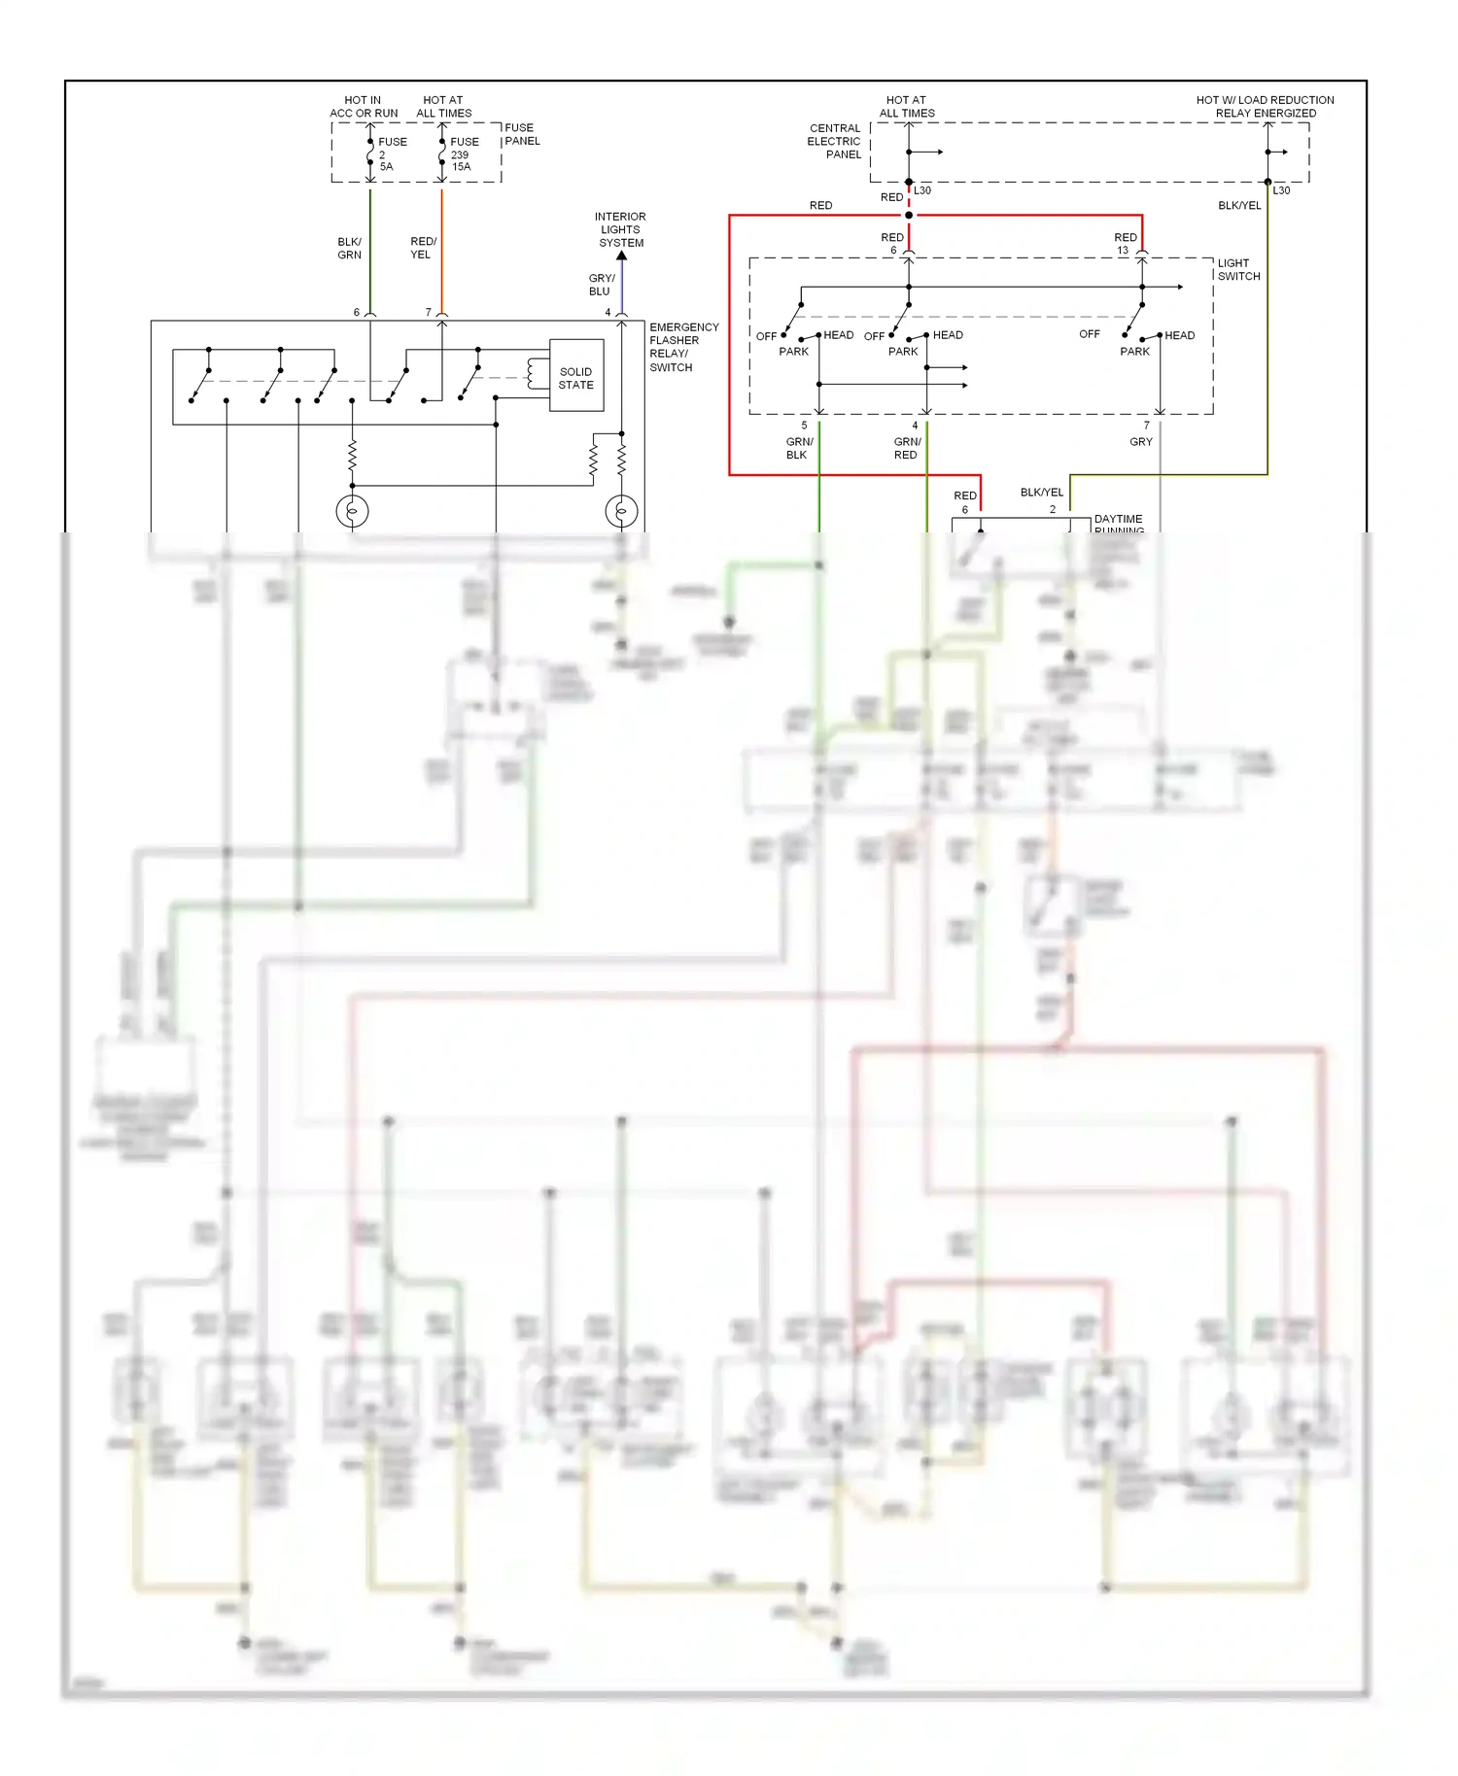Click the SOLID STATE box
[576, 377]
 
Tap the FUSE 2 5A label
[391, 154]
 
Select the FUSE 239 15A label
[463, 154]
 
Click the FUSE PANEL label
[521, 134]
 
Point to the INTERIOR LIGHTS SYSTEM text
[621, 229]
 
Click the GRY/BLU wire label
[601, 285]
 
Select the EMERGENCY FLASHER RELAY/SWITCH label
[682, 347]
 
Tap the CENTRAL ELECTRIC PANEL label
[835, 141]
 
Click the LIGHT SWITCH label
[1237, 269]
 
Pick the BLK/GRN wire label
[349, 248]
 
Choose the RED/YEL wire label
[423, 248]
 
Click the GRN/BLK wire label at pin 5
[799, 448]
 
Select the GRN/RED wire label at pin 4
[907, 448]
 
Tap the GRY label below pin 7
[1140, 441]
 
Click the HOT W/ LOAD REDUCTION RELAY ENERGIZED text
[1265, 106]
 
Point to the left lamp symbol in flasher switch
[352, 510]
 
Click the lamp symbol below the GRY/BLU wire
[621, 510]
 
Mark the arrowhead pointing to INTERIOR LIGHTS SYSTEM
[621, 256]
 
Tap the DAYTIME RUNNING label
[1118, 525]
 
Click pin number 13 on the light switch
[1123, 251]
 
